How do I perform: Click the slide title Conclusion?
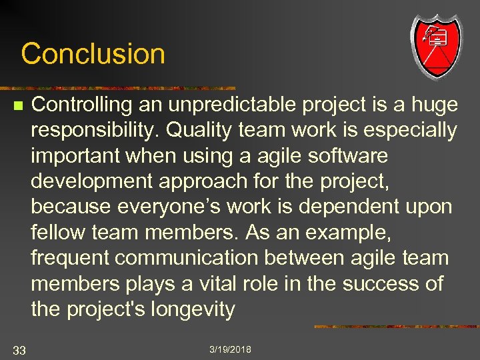(x=93, y=53)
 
